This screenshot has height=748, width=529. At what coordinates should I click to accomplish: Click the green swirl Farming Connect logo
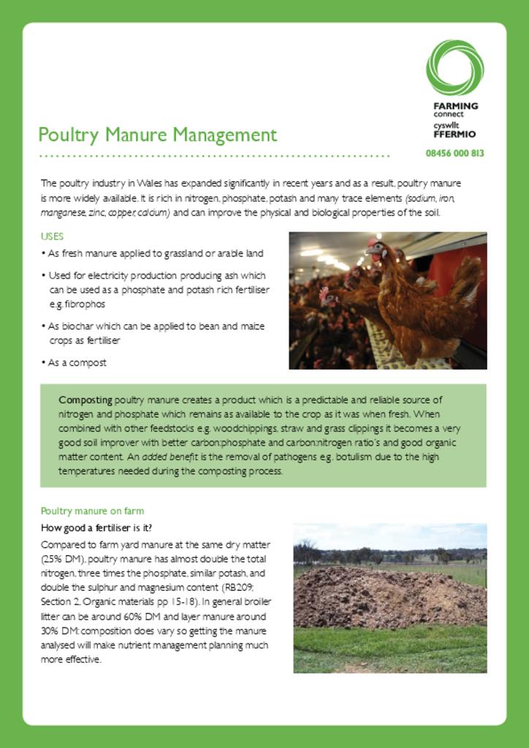tap(454, 68)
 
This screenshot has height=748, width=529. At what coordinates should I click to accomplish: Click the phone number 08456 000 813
tap(454, 153)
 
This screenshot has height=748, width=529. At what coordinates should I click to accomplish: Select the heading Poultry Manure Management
tap(157, 135)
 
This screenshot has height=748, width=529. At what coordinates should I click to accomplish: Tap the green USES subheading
tap(52, 237)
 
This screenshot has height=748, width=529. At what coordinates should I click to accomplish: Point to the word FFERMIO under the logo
tap(454, 134)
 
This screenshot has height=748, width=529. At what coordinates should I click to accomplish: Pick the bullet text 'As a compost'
tap(77, 362)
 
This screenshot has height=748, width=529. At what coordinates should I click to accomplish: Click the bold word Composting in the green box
tap(85, 400)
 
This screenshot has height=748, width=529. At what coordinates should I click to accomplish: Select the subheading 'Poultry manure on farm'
tap(92, 511)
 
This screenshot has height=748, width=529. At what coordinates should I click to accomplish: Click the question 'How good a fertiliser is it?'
tap(96, 527)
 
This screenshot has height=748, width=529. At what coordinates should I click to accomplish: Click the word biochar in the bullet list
tap(77, 326)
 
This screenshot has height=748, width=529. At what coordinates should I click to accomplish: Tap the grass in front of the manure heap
tap(387, 646)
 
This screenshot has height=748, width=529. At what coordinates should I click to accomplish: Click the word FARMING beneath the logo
tap(455, 106)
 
